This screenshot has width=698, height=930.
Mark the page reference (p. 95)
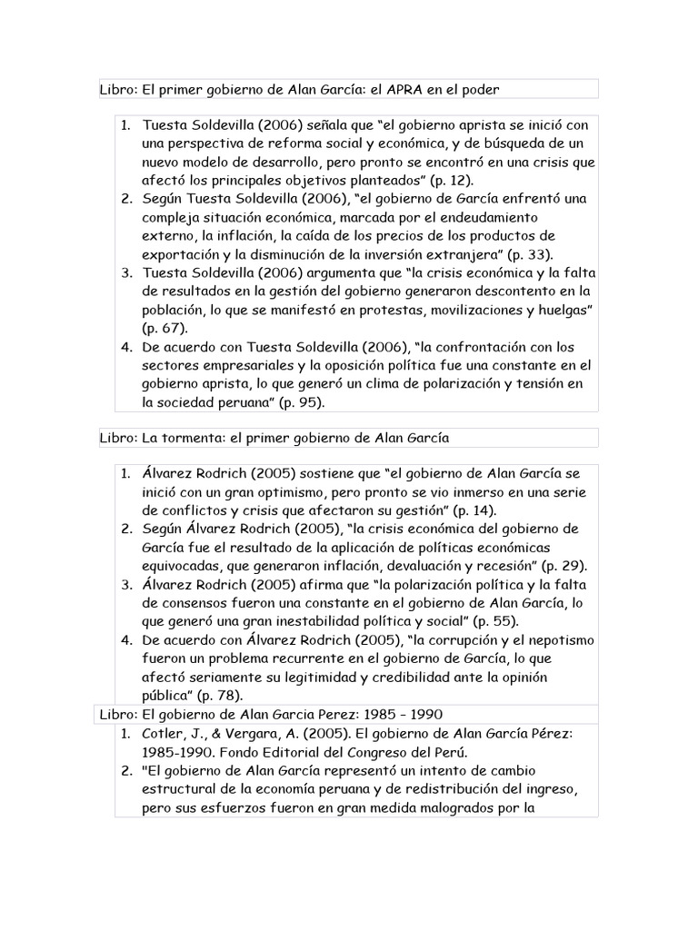(x=299, y=401)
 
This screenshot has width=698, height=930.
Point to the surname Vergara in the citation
(x=257, y=732)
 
